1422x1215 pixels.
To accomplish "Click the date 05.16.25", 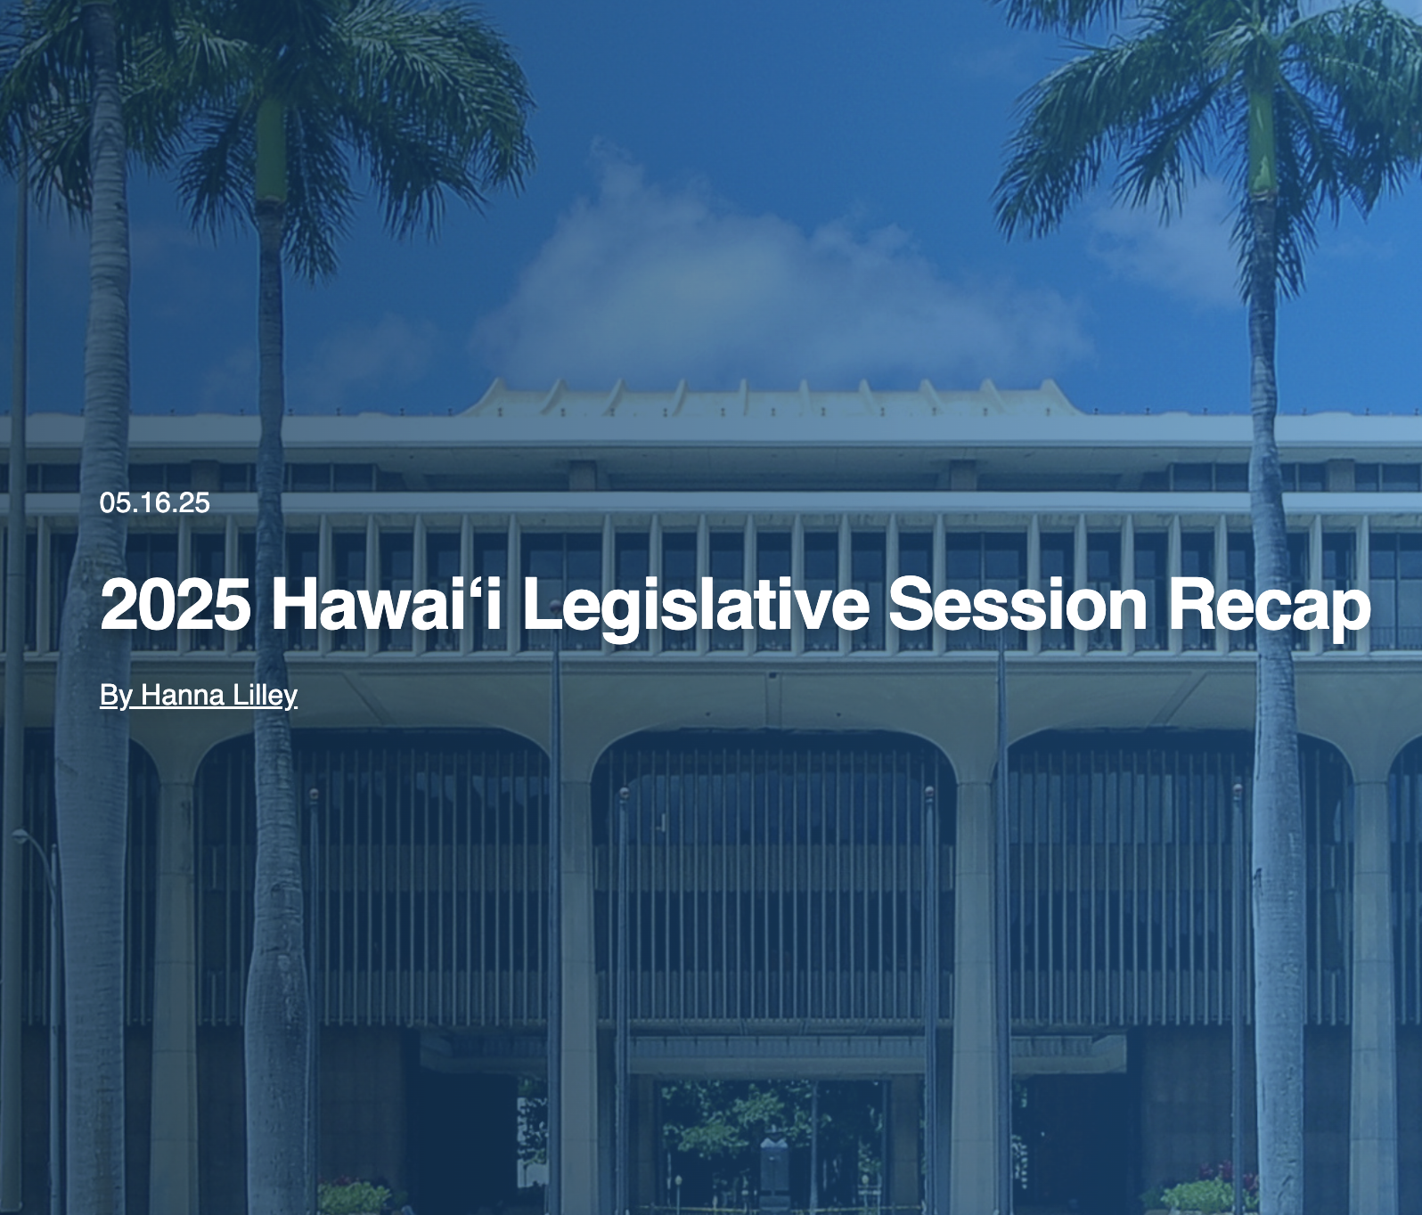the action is coord(155,503).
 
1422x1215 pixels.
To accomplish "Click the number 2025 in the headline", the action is coord(175,604).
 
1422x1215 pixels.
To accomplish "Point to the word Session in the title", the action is coord(1017,604).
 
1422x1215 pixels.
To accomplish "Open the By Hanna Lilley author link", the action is coord(199,696).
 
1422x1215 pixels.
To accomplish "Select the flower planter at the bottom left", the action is coord(355,1196).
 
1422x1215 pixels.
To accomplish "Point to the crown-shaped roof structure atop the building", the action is coord(771,397).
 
